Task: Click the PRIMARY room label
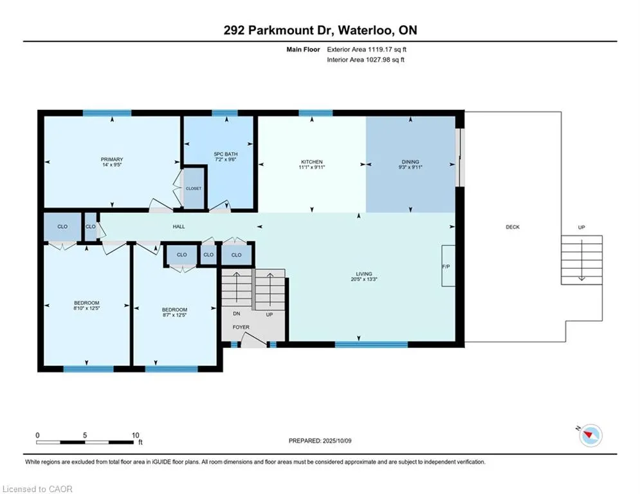click(x=112, y=160)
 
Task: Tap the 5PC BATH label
click(x=226, y=154)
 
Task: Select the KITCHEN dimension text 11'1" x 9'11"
click(x=312, y=167)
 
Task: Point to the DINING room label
click(x=410, y=161)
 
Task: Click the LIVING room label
click(x=363, y=274)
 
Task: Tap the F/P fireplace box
click(x=448, y=266)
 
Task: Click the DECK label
click(x=513, y=227)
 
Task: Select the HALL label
click(x=179, y=226)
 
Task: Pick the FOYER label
click(x=241, y=327)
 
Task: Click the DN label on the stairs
click(x=237, y=313)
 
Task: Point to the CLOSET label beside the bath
click(x=194, y=188)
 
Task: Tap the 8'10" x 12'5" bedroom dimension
click(x=87, y=308)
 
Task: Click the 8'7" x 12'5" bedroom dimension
click(x=174, y=315)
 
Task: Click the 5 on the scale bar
click(x=85, y=435)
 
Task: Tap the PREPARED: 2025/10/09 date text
click(x=320, y=441)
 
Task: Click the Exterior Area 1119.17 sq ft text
click(x=367, y=50)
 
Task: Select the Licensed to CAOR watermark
click(x=37, y=489)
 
